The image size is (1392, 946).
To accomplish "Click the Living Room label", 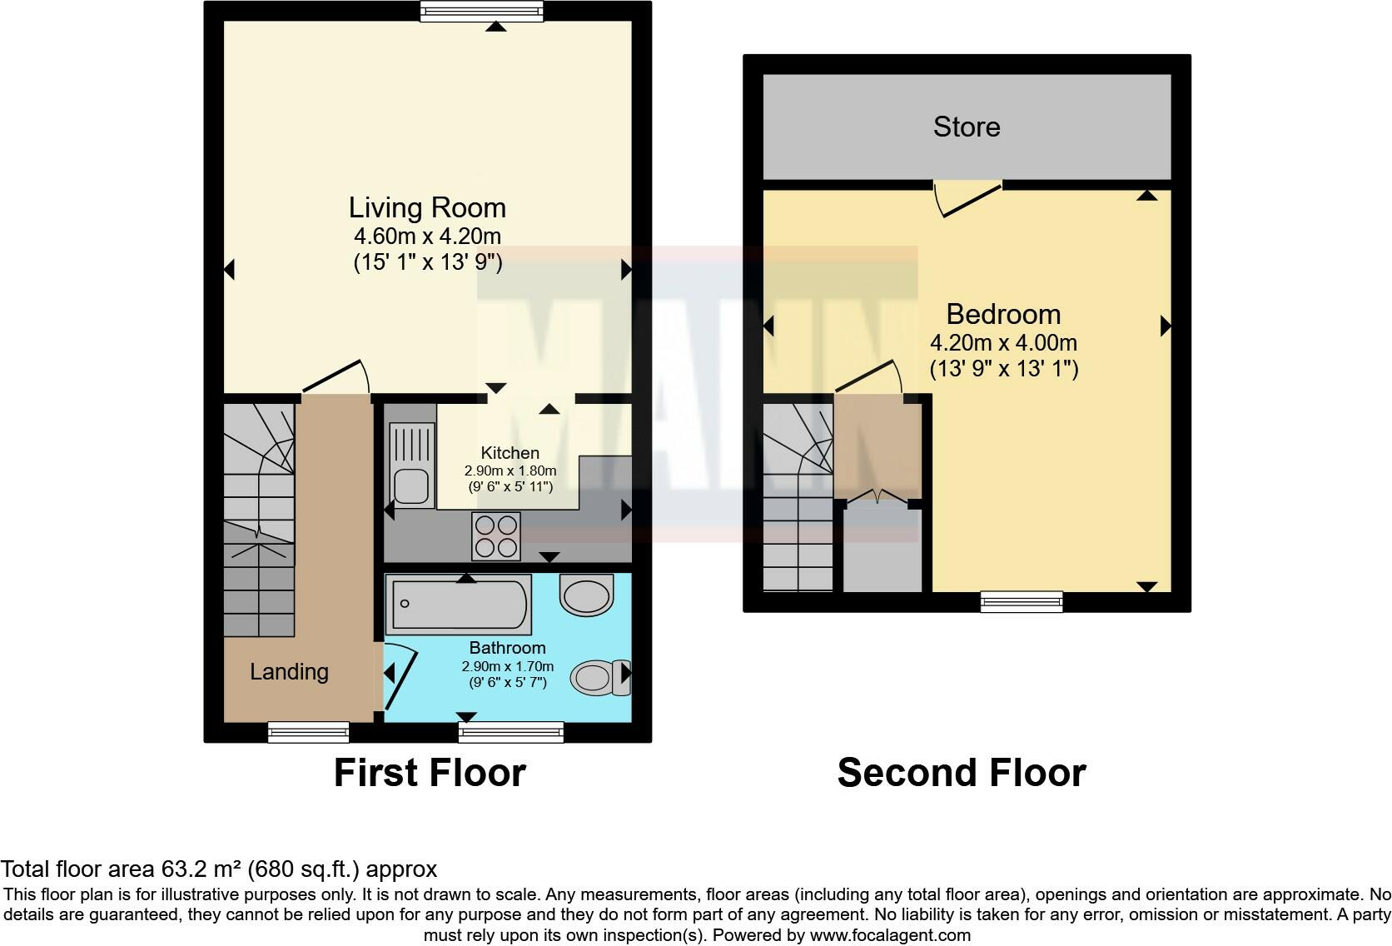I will point(427,207).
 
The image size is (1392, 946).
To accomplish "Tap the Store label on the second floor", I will point(966,127).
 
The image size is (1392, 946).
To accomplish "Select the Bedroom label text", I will point(1003,314).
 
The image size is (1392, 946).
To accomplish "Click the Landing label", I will point(289,672).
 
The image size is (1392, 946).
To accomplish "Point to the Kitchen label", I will point(510,453).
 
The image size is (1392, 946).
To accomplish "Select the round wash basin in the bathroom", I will point(586,595).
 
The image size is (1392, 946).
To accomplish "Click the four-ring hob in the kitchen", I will point(496,535).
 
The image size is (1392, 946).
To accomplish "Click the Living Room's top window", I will point(481,11).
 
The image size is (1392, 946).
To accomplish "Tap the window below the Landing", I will point(308,732).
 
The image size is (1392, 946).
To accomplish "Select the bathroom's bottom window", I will point(510,732).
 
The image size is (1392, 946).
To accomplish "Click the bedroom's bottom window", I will point(1022,601).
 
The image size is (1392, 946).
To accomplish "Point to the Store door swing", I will point(966,199).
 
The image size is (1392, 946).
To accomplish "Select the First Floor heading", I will point(430,773).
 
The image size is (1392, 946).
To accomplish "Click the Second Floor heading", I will point(961,773).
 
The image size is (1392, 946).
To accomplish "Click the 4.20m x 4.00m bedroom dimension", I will point(1003,342).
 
